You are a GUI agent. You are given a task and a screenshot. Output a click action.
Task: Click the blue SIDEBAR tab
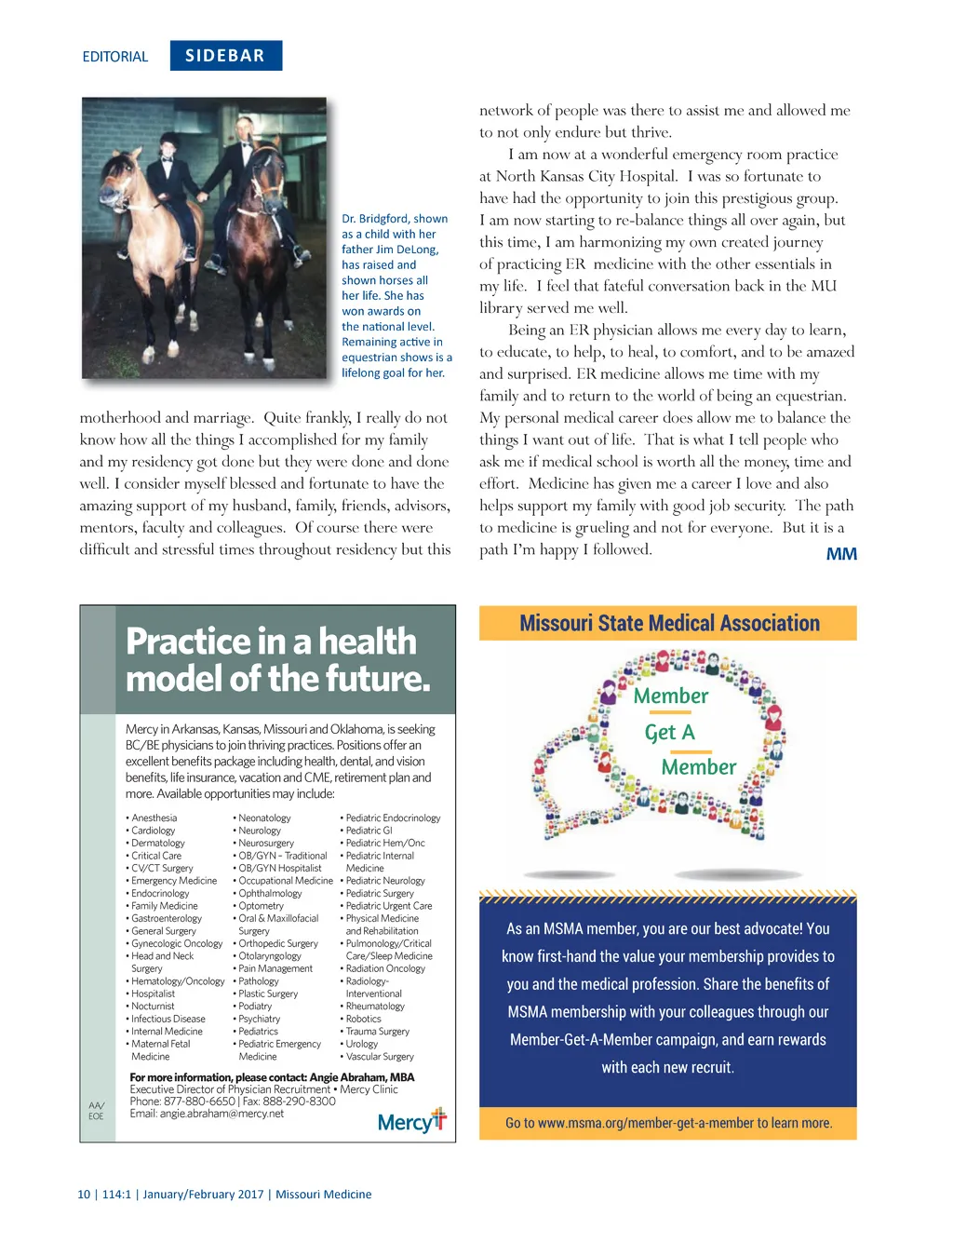[225, 56]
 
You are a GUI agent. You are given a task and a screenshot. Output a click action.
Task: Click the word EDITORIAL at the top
[115, 57]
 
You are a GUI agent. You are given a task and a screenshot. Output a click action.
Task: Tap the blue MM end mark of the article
[841, 554]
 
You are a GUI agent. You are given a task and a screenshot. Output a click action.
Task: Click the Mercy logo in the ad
[411, 1121]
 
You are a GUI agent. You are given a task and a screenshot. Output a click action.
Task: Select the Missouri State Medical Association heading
[669, 624]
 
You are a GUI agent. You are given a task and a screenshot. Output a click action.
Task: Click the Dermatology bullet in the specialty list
[157, 843]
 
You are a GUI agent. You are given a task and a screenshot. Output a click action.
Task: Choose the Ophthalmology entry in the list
[270, 893]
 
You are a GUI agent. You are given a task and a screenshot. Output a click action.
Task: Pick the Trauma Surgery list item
[377, 1031]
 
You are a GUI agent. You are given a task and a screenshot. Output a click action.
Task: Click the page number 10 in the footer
[84, 1194]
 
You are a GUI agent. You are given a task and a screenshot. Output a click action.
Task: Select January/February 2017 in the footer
[203, 1194]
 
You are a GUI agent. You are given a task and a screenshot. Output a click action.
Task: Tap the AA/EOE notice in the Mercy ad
[96, 1110]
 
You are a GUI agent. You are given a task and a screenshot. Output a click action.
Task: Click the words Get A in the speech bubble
[670, 733]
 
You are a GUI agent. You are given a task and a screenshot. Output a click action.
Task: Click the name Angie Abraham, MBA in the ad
[362, 1077]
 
